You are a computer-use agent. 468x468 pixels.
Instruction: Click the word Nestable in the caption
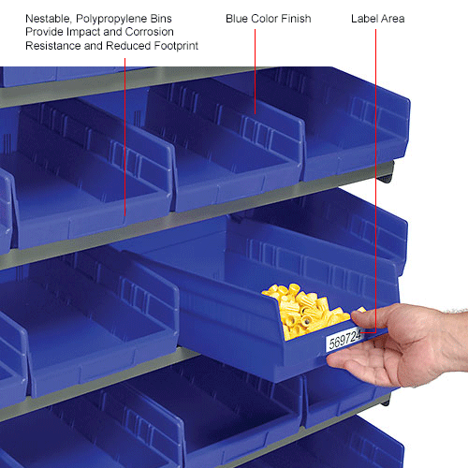[48, 18]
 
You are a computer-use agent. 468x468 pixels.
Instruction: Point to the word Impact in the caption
[97, 32]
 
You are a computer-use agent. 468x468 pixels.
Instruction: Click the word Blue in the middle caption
[239, 18]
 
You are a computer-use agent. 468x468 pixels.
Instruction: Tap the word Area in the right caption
[393, 18]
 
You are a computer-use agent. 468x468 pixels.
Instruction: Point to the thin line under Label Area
[376, 140]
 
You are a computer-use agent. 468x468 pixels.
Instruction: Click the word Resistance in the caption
[55, 46]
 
